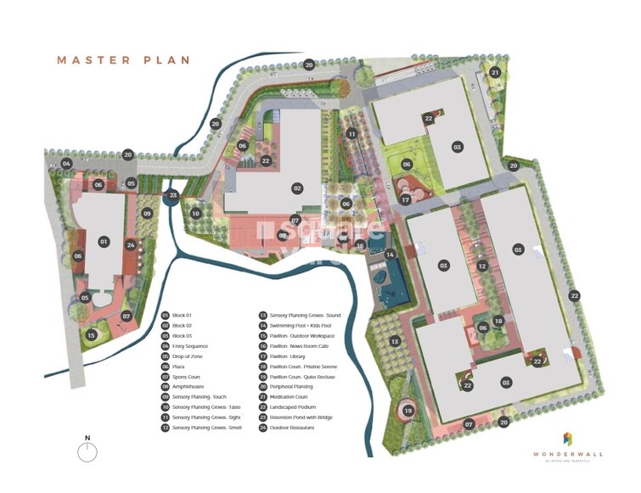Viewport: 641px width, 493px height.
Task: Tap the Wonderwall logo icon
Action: pos(568,439)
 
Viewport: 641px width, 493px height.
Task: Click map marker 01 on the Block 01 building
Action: pos(104,242)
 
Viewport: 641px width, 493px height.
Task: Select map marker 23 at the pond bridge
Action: pos(173,195)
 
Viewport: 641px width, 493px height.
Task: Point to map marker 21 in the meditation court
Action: pos(495,73)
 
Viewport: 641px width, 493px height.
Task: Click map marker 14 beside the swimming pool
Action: pos(391,255)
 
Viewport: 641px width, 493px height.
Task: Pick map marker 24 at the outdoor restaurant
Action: pos(131,245)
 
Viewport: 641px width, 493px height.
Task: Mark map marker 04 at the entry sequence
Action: pos(66,163)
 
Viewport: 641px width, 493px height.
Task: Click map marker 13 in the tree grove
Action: pos(394,341)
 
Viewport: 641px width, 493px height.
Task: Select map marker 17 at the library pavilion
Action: pos(407,199)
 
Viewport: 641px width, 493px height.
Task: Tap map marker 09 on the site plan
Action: pos(147,214)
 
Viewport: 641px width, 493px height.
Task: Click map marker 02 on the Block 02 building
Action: pos(297,188)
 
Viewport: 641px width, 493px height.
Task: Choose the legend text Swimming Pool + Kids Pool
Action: pos(301,326)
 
